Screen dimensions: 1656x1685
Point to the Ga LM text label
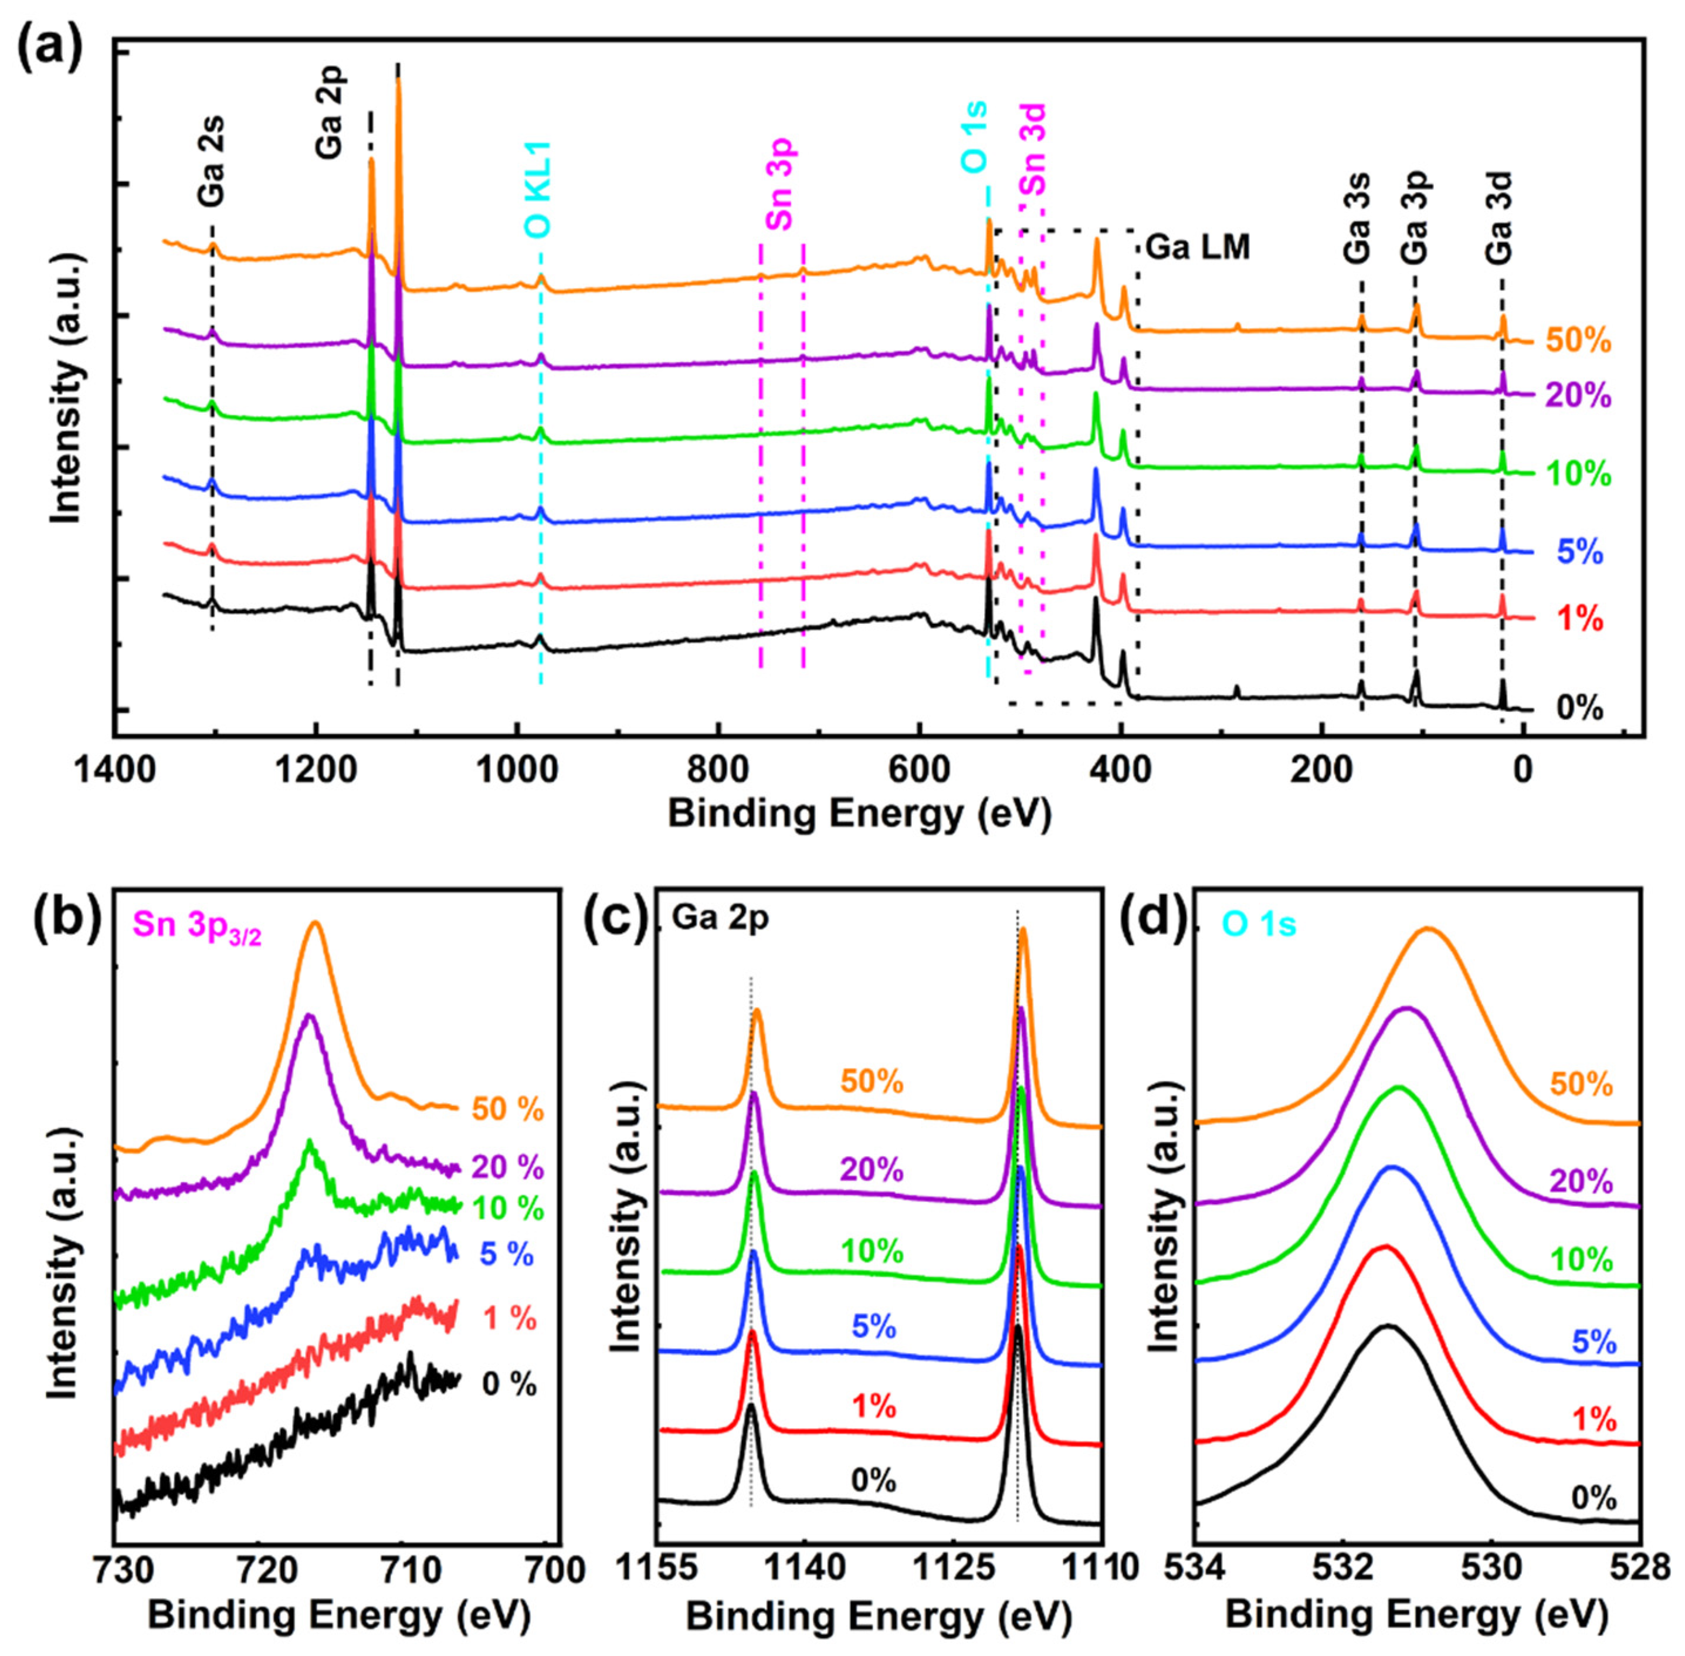(x=1197, y=248)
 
